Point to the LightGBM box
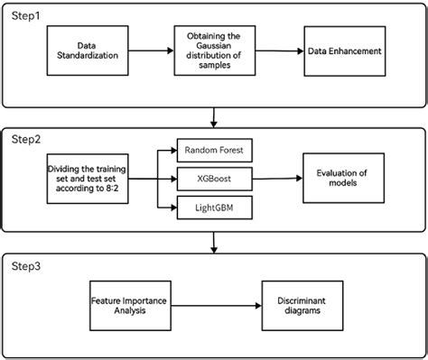coord(208,209)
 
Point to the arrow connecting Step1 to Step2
coord(214,116)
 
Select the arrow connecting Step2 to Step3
coord(214,241)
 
